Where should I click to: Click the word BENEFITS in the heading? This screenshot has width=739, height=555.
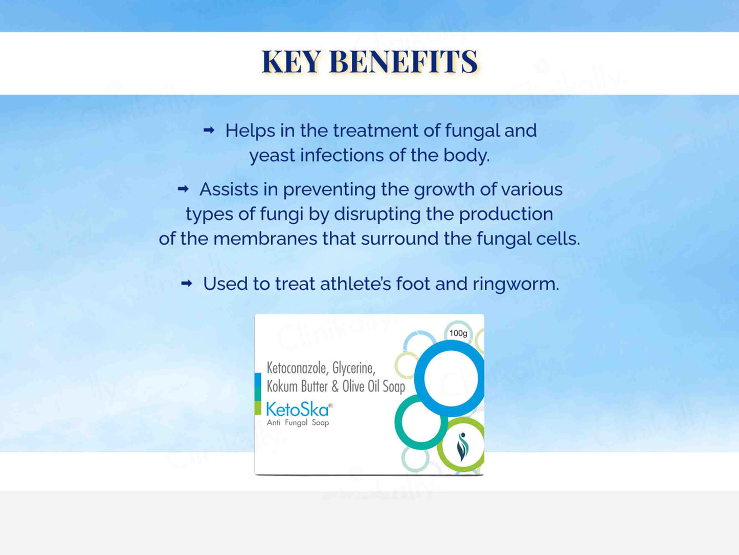404,61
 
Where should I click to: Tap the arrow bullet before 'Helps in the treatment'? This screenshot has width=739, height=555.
209,130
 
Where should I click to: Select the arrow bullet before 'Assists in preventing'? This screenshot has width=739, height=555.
183,189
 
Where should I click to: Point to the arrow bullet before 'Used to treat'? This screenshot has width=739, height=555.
187,284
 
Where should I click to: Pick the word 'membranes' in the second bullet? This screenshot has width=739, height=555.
265,239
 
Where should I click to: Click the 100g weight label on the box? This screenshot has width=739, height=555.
458,333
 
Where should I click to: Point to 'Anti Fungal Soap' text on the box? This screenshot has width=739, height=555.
298,422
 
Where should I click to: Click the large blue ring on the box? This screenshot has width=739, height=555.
419,378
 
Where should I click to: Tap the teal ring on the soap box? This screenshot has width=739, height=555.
399,422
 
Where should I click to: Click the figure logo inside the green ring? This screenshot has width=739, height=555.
463,446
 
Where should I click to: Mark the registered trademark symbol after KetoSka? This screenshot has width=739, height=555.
330,405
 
